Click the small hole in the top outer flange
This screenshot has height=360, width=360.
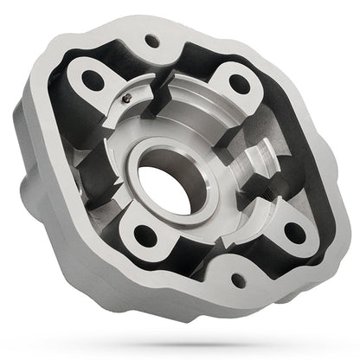pyautogui.click(x=152, y=41)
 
